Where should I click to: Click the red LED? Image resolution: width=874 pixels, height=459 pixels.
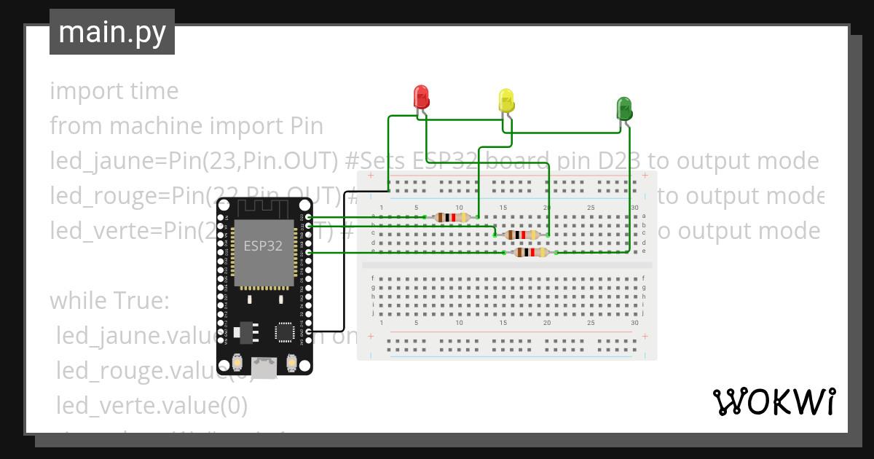tap(421, 98)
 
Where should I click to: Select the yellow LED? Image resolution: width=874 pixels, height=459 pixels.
tap(506, 101)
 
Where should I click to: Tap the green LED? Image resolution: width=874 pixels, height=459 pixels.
tap(624, 109)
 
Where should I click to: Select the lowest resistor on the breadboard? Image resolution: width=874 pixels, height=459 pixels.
tap(531, 252)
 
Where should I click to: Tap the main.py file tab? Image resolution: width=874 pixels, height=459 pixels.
tap(111, 32)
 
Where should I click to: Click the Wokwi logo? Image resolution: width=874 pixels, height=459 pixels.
tap(773, 401)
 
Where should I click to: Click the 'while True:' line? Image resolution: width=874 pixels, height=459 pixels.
tap(109, 300)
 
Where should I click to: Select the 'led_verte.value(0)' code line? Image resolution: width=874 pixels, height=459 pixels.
tap(151, 405)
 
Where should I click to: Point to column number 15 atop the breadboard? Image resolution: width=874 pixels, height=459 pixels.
tap(503, 208)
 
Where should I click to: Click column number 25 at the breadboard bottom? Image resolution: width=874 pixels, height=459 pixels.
tap(591, 323)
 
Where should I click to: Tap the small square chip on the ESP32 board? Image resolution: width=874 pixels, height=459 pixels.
tap(284, 332)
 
